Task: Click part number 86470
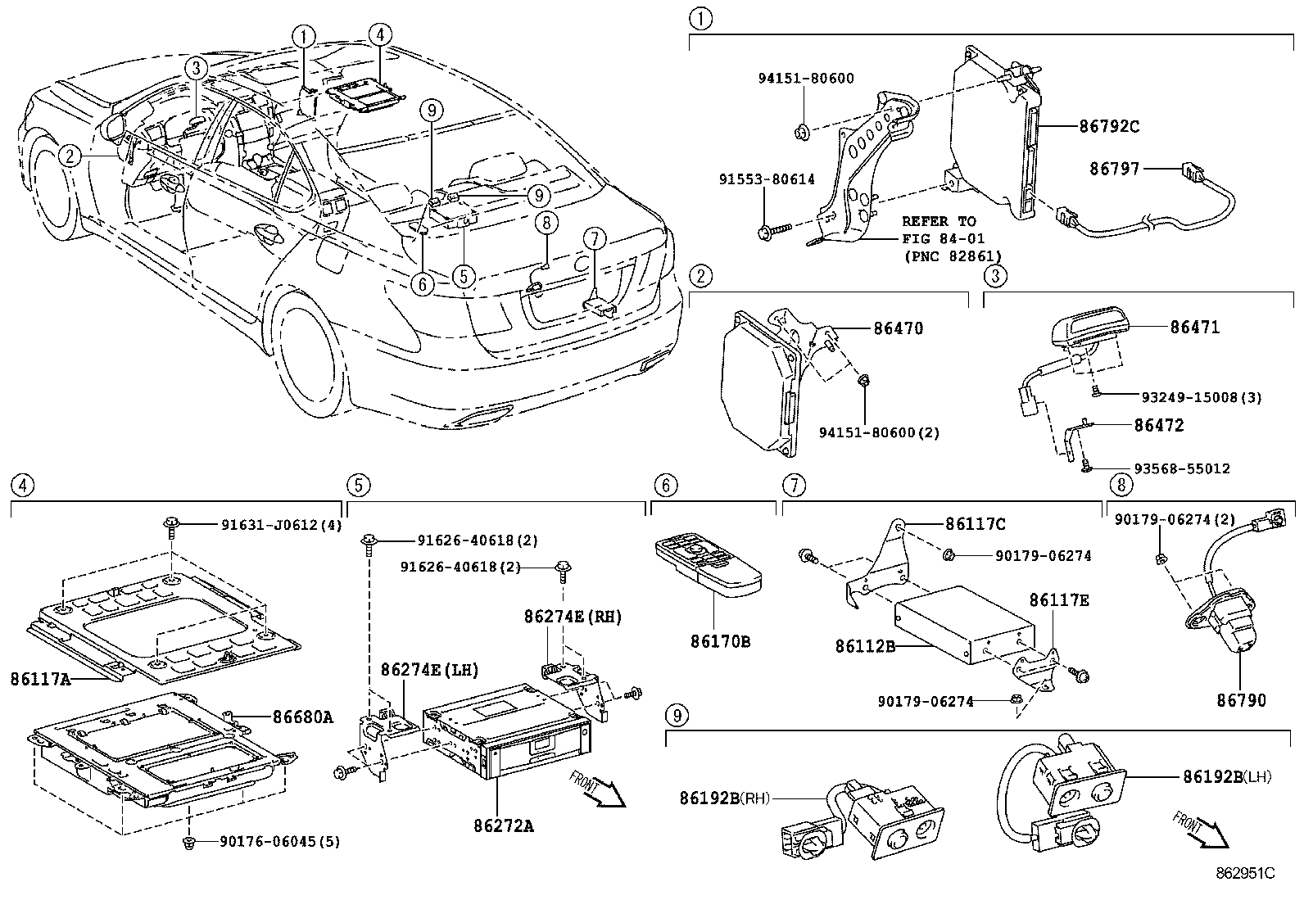click(x=898, y=328)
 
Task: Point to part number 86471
click(x=1194, y=327)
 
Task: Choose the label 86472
click(x=1158, y=425)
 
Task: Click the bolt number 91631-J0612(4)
click(x=281, y=525)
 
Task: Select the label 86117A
click(x=41, y=678)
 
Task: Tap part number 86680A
click(x=302, y=717)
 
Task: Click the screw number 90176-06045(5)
click(x=279, y=841)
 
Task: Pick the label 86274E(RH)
click(x=573, y=617)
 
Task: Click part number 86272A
click(x=503, y=825)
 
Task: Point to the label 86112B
click(x=864, y=646)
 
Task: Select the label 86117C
click(x=975, y=524)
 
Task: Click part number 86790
click(x=1240, y=700)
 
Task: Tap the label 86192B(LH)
click(x=1226, y=776)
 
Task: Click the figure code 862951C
click(x=1245, y=873)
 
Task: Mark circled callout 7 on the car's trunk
click(x=595, y=238)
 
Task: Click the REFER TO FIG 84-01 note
click(x=939, y=238)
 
